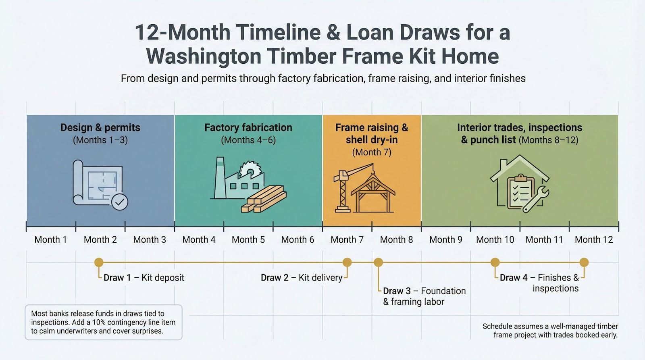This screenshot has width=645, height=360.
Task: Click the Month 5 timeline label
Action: (x=248, y=239)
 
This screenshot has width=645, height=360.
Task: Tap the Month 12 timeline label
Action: (x=593, y=239)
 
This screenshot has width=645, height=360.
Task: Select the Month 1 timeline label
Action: (x=50, y=239)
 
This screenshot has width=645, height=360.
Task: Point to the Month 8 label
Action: (x=396, y=239)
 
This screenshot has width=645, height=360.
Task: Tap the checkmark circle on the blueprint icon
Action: (x=119, y=202)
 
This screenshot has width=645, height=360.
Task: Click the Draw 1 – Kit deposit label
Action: (x=144, y=278)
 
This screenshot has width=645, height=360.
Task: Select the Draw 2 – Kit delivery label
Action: (x=301, y=278)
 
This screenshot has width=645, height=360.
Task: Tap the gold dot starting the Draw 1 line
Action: (x=99, y=262)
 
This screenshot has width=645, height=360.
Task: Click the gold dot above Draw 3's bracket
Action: (x=378, y=262)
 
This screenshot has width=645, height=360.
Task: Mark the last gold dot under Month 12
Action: (x=584, y=262)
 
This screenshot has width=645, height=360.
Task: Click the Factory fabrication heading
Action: (x=248, y=128)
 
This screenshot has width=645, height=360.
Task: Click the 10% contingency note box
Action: (x=104, y=322)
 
